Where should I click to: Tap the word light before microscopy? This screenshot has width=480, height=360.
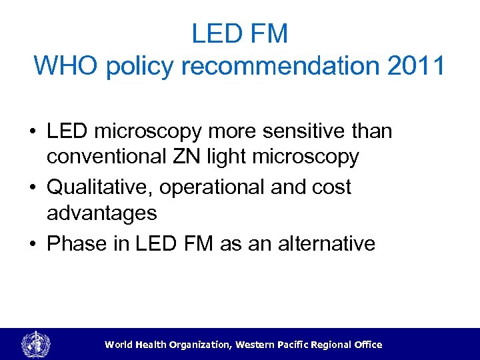point(238,157)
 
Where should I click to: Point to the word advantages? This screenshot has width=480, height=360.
point(102,213)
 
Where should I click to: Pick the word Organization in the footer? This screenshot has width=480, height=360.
point(194,345)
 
